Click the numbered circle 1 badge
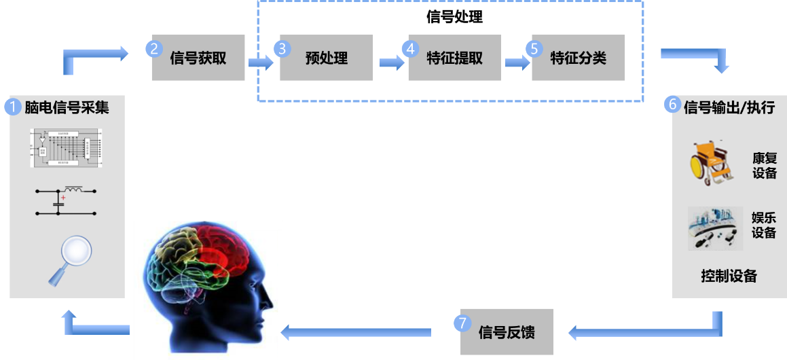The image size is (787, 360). (x=14, y=107)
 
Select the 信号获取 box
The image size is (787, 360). (x=198, y=58)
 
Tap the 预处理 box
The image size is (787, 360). (x=327, y=58)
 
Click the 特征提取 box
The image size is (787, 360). (x=454, y=58)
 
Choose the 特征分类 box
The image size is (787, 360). (x=578, y=58)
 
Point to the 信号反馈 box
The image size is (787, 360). (x=507, y=332)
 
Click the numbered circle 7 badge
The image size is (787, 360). (x=463, y=323)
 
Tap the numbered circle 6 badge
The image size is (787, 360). (x=673, y=105)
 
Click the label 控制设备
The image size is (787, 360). (x=729, y=276)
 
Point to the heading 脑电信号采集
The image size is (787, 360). (x=67, y=107)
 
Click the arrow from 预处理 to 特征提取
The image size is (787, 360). (x=392, y=62)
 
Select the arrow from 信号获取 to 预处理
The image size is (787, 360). (x=261, y=62)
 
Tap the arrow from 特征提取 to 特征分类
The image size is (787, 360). (x=517, y=62)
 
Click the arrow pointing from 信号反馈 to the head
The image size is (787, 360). (x=356, y=332)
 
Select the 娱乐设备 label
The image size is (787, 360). (x=764, y=226)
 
